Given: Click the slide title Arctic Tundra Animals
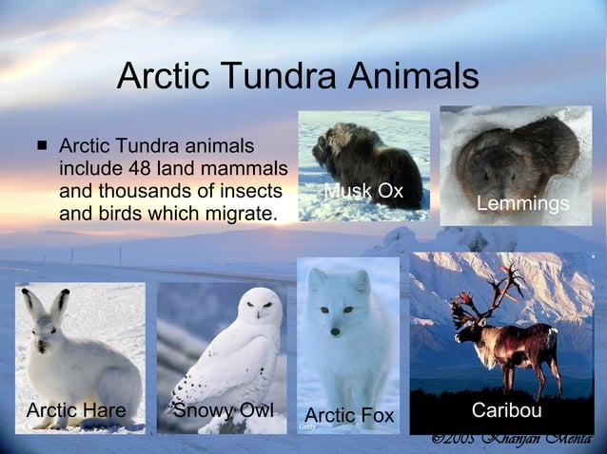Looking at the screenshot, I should click(297, 77).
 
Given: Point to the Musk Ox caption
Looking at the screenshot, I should click(363, 191).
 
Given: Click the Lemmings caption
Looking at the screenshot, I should click(522, 204).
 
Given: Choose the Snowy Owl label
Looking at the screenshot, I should click(224, 410).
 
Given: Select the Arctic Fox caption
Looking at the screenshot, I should click(349, 415).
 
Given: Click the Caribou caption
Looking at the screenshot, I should click(506, 410).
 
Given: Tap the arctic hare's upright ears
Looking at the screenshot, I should click(47, 306).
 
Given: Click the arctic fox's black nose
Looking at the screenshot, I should click(335, 331).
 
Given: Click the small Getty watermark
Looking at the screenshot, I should click(306, 427).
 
